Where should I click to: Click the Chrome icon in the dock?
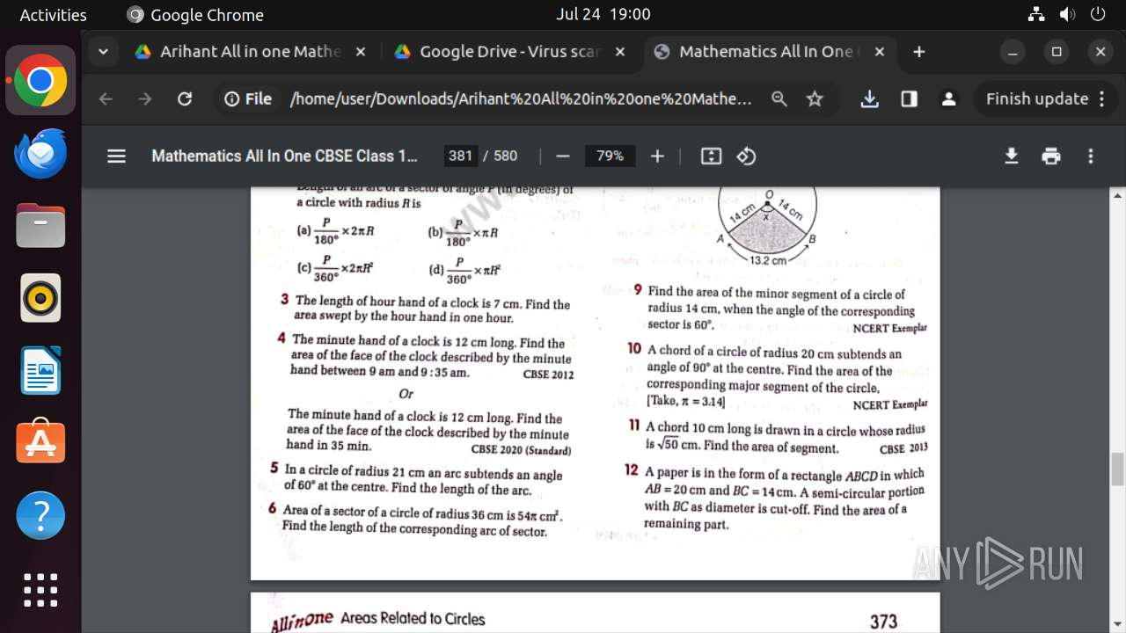[x=40, y=80]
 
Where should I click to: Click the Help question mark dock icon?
[x=40, y=515]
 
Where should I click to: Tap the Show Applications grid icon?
[x=40, y=590]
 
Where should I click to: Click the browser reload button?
[x=185, y=99]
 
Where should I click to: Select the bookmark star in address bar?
[x=815, y=99]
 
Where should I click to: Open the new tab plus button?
[x=919, y=52]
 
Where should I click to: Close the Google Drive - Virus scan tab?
[x=620, y=52]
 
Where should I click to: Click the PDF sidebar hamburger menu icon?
[x=116, y=156]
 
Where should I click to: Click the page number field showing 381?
[x=460, y=156]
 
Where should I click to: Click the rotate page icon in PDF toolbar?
[x=746, y=156]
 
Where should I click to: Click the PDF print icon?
[x=1051, y=156]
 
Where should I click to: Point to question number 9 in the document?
[x=638, y=290]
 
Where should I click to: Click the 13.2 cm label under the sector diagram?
[x=768, y=260]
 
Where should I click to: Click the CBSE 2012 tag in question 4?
[x=548, y=375]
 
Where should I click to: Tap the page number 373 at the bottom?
[x=883, y=622]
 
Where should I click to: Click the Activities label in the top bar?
[x=53, y=14]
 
